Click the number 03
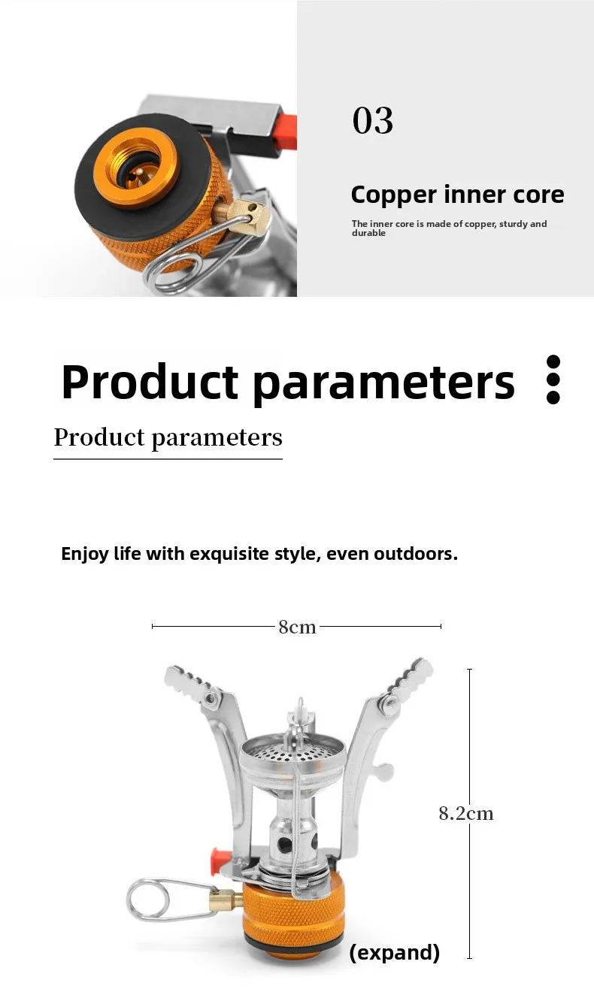[x=373, y=120]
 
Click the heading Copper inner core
[x=457, y=195]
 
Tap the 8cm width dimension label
[x=297, y=627]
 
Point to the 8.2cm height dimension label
[x=466, y=814]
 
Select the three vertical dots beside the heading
[x=553, y=380]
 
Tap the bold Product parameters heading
[x=288, y=382]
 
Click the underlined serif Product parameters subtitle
[x=168, y=437]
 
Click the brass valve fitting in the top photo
[x=243, y=214]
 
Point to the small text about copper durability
[x=449, y=228]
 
